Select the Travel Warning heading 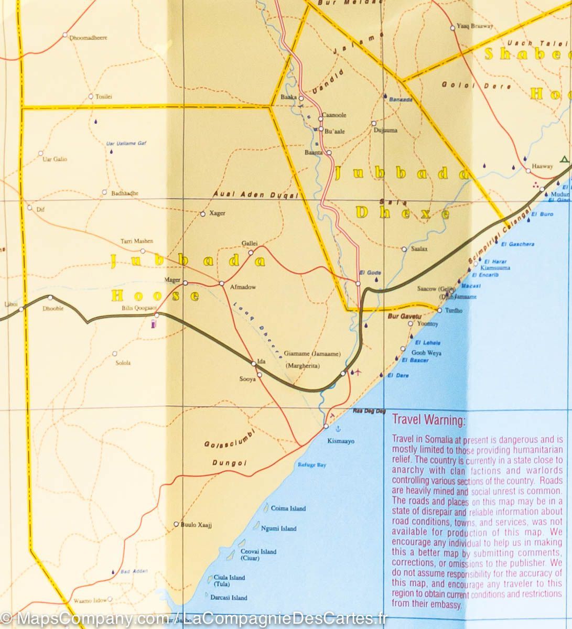pyautogui.click(x=428, y=420)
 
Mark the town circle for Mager pyautogui.click(x=185, y=283)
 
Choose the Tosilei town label pyautogui.click(x=103, y=96)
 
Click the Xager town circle pyautogui.click(x=203, y=214)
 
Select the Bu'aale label pyautogui.click(x=335, y=132)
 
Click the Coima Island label pyautogui.click(x=288, y=508)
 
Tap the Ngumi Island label pyautogui.click(x=278, y=528)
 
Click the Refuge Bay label pyautogui.click(x=312, y=465)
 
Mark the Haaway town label pyautogui.click(x=542, y=166)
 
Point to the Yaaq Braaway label pyautogui.click(x=474, y=26)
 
